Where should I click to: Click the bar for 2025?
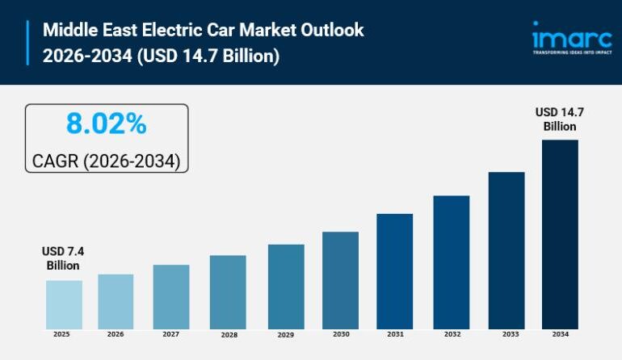64,304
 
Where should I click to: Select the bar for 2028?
228,291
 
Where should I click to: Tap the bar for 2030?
340,280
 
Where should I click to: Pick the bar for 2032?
451,262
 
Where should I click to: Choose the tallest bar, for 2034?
560,234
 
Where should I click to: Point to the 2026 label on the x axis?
116,334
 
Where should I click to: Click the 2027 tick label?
171,334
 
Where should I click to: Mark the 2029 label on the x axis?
286,335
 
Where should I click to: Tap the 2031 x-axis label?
395,334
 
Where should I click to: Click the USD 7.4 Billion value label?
63,258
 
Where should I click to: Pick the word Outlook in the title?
334,31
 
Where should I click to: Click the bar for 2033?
506,250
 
